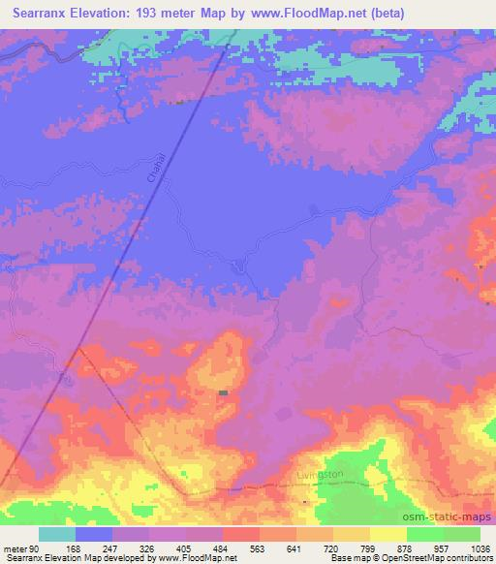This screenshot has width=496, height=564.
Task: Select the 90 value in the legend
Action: coord(34,549)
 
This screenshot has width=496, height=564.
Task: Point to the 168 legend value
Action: coord(73,549)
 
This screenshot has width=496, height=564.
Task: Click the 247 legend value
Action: coord(111,549)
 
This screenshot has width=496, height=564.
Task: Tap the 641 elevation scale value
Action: coord(297,549)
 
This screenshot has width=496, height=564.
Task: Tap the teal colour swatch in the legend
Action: coord(57,534)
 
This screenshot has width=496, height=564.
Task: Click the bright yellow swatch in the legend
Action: coord(388,534)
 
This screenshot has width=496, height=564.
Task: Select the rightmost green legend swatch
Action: coord(462,534)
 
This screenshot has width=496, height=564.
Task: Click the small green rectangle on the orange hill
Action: coord(225,392)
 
